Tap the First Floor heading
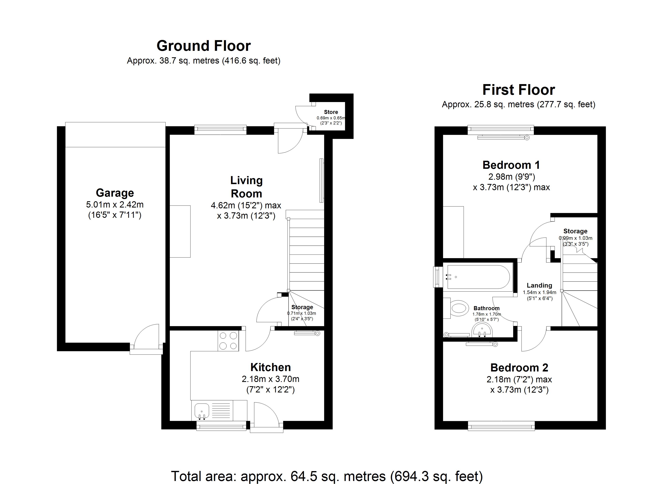pos(518,90)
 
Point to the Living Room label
pos(246,187)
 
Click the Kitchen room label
pos(270,367)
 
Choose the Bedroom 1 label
pos(511,165)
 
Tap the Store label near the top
pos(331,112)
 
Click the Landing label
pos(539,285)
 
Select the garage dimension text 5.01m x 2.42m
pos(115,204)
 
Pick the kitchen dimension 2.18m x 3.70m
pos(270,379)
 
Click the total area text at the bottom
pos(327,476)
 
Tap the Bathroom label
pos(486,308)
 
